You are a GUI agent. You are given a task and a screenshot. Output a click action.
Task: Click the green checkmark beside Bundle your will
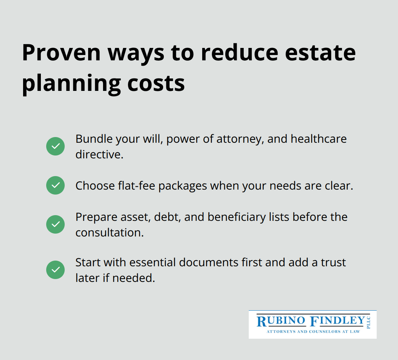click(55, 146)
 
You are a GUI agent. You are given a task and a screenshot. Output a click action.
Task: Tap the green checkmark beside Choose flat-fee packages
click(55, 185)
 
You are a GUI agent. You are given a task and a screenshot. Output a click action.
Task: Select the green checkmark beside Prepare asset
click(55, 224)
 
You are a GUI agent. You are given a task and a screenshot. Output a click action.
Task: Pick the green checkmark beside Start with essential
click(55, 270)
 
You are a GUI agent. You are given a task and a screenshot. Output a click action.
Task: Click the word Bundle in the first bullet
click(93, 139)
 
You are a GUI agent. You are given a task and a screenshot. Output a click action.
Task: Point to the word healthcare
click(318, 139)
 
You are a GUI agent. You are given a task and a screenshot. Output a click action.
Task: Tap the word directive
click(99, 154)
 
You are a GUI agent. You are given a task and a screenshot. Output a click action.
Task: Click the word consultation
click(109, 233)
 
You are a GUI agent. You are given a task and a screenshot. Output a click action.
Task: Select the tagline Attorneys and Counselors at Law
click(313, 332)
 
